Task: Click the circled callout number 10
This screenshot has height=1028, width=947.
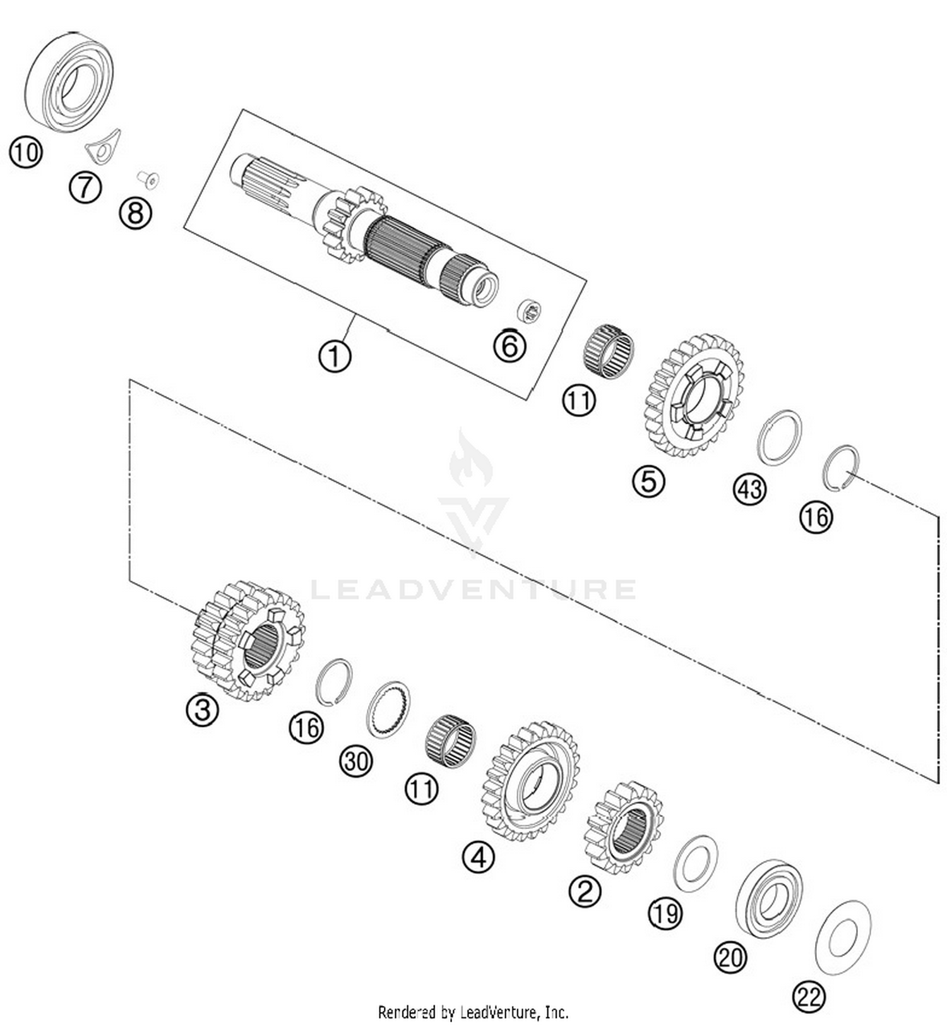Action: (x=26, y=153)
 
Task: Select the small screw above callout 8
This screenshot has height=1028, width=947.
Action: (x=150, y=180)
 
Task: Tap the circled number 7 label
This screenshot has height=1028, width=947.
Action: (x=85, y=188)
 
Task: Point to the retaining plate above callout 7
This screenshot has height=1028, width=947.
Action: (x=104, y=146)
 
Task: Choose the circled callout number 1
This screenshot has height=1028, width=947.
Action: (x=335, y=356)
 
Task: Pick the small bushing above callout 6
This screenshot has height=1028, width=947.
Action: (x=528, y=311)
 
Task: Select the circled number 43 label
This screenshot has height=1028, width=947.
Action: (x=749, y=489)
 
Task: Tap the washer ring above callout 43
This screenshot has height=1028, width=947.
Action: (x=780, y=438)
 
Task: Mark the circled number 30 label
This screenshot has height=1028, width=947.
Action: (x=355, y=761)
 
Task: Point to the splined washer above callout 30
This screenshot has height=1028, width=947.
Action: (x=388, y=708)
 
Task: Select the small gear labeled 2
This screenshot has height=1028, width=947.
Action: (x=624, y=827)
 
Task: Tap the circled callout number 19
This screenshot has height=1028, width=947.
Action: (x=665, y=912)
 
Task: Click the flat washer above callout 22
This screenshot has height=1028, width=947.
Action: (x=843, y=938)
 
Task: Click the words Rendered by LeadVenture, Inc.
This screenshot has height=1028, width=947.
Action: (x=473, y=1012)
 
